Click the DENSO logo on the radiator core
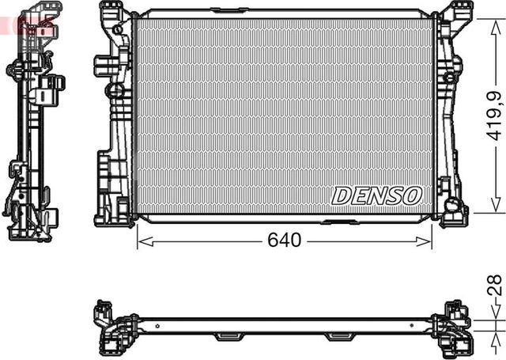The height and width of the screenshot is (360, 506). pyautogui.click(x=376, y=195)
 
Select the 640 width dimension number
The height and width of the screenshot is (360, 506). pyautogui.click(x=284, y=240)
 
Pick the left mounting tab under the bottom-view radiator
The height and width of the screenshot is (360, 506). pyautogui.click(x=228, y=336)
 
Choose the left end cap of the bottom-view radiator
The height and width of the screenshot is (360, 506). pyautogui.click(x=111, y=324)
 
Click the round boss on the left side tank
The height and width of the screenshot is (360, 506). pyautogui.click(x=119, y=32)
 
